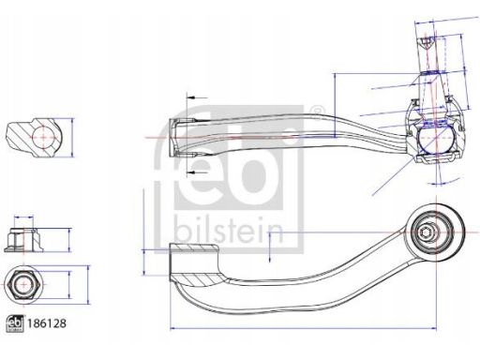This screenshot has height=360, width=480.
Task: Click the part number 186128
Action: [x=47, y=323]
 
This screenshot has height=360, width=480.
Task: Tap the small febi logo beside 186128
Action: [x=15, y=323]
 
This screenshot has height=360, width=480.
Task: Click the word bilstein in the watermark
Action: [x=229, y=230]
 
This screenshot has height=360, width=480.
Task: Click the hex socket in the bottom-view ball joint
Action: [x=425, y=232]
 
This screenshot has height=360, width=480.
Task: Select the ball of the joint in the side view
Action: [x=435, y=138]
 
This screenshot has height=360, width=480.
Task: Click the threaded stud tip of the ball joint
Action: [x=427, y=42]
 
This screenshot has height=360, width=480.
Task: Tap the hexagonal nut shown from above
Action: [x=22, y=285]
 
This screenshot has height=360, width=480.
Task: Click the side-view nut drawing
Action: [x=23, y=240]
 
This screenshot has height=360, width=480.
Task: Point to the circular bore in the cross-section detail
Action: [x=43, y=137]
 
